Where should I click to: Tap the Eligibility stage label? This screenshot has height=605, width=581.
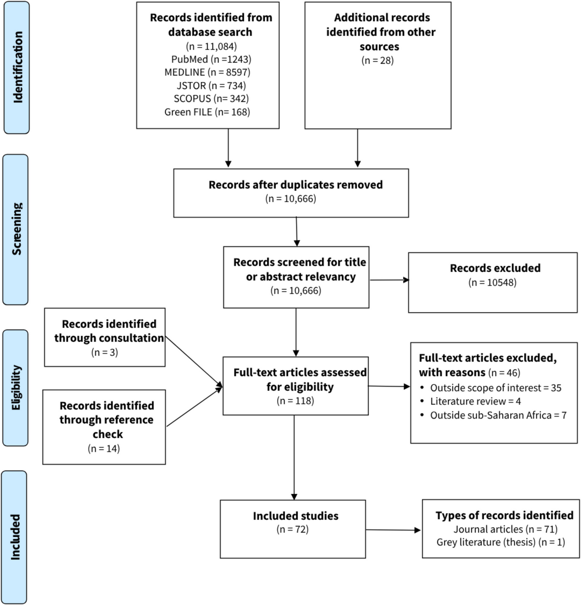pos(16,388)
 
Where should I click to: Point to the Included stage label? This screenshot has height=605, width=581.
pos(15,537)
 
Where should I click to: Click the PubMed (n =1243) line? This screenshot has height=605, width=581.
pos(211,59)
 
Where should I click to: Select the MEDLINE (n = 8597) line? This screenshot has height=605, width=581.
pos(207,72)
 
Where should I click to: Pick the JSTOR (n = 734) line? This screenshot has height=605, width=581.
pos(211,85)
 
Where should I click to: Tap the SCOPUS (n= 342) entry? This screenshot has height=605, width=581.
pos(211,99)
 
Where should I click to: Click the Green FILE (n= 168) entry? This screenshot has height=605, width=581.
pos(207,112)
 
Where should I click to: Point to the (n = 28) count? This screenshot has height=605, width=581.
pos(377,60)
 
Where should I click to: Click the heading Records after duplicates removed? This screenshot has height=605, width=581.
pos(295,185)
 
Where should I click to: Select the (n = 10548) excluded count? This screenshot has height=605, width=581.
pos(492,283)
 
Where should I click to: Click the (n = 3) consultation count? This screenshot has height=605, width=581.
pos(104,352)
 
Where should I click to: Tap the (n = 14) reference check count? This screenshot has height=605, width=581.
pos(104,449)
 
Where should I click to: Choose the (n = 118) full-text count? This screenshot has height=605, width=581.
pos(295,401)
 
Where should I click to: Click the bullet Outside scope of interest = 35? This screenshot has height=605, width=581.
pos(495,388)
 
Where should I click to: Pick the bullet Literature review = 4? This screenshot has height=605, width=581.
pos(475,402)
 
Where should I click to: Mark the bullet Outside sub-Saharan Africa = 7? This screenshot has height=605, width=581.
pos(498,415)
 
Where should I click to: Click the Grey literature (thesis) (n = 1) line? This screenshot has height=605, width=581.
pos(501,542)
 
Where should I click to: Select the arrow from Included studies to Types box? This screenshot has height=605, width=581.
pos(393,530)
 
